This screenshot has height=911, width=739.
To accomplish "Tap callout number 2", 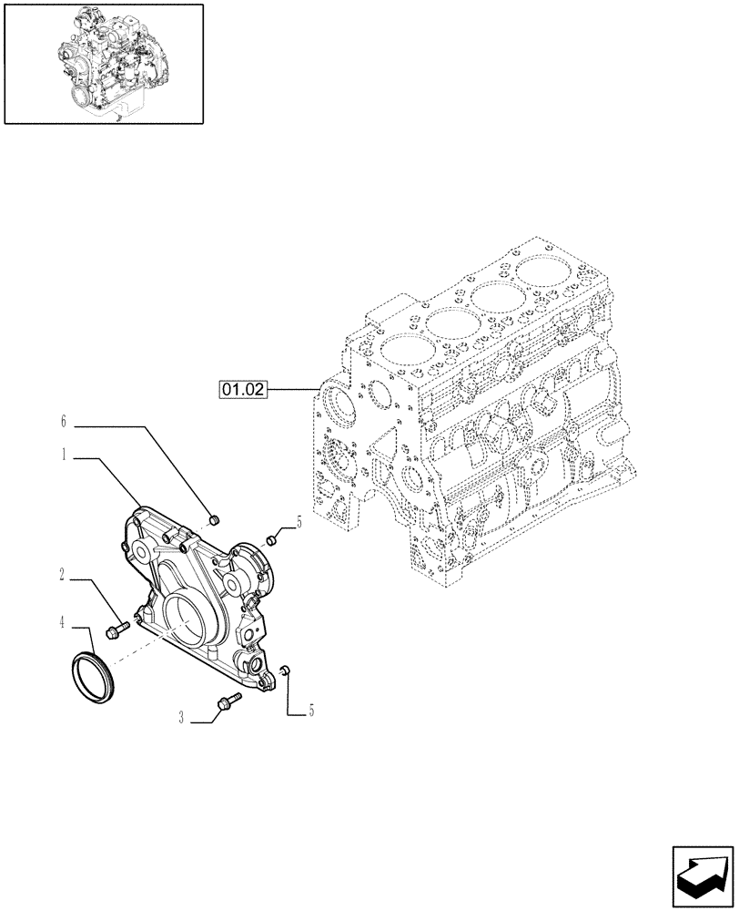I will click(63, 575).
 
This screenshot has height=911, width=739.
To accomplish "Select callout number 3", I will click(182, 719).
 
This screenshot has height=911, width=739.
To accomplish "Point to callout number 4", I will click(63, 623).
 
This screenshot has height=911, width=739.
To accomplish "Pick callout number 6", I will click(64, 422).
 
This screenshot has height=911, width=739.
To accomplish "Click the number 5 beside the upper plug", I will click(299, 522).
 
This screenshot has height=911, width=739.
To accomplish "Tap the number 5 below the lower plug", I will click(311, 711).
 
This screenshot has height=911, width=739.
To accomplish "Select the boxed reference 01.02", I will click(243, 390).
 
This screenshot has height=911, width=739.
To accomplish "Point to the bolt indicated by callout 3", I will click(227, 701).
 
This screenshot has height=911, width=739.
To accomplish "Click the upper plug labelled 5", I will click(272, 540).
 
